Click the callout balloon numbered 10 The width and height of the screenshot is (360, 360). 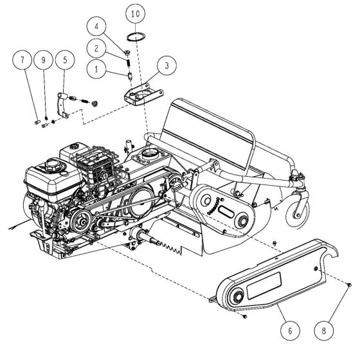134,14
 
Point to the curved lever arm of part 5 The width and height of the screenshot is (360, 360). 62,103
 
